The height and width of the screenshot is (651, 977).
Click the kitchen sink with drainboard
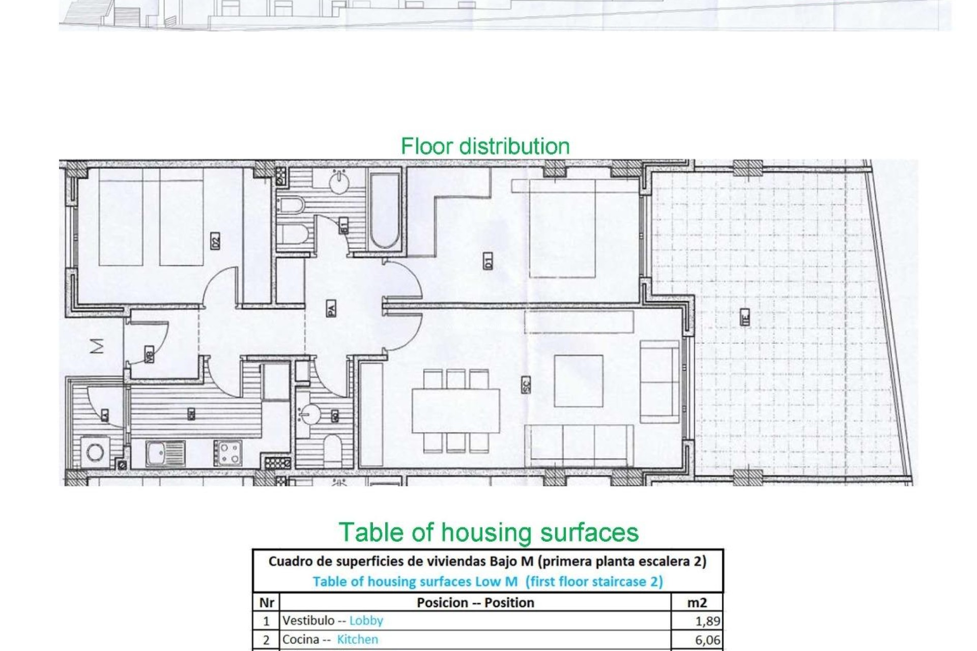click(165, 453)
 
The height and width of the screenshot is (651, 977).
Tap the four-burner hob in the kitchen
click(227, 453)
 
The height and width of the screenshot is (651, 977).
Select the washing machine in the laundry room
click(95, 452)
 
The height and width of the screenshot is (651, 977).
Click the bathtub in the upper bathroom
click(384, 211)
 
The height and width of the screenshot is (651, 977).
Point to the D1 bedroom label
click(488, 262)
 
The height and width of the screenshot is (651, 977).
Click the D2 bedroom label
click(215, 241)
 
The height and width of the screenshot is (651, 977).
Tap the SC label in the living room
click(526, 384)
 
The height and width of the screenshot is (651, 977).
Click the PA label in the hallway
click(331, 308)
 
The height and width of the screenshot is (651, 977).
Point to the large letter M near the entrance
click(97, 346)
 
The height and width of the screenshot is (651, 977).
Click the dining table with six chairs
click(455, 411)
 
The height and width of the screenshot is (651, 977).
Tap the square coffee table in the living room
click(579, 381)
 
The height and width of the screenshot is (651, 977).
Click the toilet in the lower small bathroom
click(332, 449)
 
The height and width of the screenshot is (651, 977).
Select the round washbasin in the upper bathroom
click(339, 183)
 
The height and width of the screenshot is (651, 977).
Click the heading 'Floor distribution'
click(485, 146)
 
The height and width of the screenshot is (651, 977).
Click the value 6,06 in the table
click(707, 640)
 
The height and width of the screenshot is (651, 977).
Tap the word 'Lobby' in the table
click(366, 620)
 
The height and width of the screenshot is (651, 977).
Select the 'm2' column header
click(697, 603)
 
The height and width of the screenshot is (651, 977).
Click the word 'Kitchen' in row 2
click(357, 639)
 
